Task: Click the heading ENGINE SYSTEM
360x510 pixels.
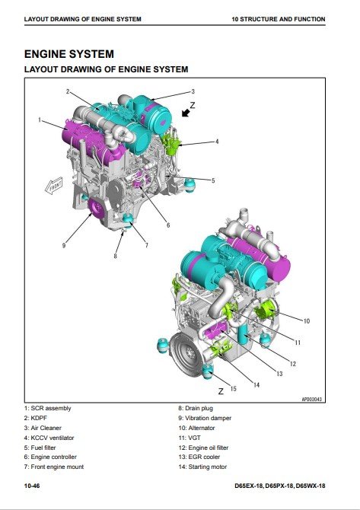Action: [69, 54]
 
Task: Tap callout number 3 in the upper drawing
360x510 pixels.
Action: [193, 91]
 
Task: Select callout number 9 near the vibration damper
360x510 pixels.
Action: [64, 246]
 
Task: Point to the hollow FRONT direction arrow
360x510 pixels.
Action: [54, 186]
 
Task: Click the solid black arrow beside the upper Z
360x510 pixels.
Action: [186, 113]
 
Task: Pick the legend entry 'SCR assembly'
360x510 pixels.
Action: [47, 408]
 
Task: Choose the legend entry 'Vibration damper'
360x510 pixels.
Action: [205, 418]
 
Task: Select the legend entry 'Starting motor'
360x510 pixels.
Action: [202, 467]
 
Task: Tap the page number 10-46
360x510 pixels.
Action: [32, 486]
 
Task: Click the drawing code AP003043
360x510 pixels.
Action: [311, 399]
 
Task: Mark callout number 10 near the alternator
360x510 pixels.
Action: [306, 321]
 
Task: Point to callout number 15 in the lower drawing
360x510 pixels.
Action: [233, 389]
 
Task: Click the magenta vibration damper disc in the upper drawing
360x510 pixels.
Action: [96, 207]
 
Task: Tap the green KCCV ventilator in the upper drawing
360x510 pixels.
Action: [171, 144]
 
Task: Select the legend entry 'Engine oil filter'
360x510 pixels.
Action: [203, 448]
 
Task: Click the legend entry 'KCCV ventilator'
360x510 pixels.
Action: [49, 438]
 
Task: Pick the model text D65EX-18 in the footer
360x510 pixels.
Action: [249, 486]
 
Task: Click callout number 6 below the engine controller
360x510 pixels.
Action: [168, 225]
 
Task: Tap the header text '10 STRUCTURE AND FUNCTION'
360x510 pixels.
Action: [279, 19]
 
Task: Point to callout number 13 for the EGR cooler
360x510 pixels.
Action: [279, 374]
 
